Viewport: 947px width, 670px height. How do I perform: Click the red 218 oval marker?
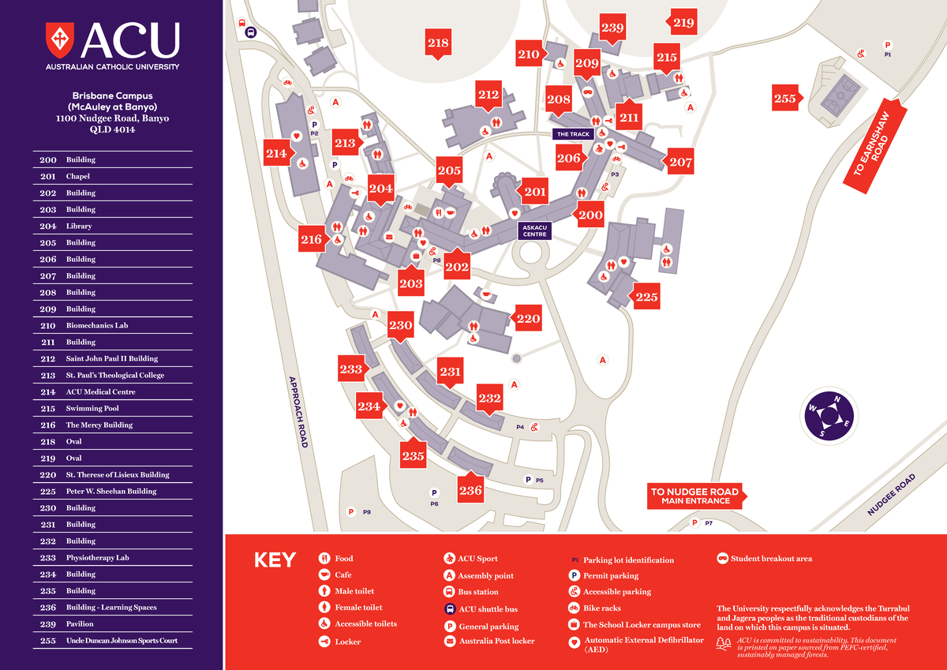click(x=438, y=44)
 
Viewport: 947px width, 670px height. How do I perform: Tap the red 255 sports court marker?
click(x=786, y=99)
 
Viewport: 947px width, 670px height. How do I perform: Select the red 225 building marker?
click(x=646, y=298)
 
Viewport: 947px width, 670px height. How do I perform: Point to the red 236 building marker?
click(x=470, y=490)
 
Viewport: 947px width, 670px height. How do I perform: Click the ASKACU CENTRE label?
click(x=534, y=230)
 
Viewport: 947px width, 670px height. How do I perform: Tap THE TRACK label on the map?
click(x=573, y=134)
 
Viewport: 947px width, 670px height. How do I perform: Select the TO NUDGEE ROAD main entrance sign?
click(x=694, y=496)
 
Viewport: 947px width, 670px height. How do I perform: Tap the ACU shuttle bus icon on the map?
click(x=251, y=32)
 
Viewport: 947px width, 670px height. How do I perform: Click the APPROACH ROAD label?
click(x=298, y=411)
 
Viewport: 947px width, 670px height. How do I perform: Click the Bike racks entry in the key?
click(x=601, y=608)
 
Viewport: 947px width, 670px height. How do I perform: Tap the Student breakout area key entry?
click(x=770, y=559)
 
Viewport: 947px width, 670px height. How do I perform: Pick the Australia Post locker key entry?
click(x=496, y=641)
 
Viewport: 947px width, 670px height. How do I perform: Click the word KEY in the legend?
click(x=275, y=560)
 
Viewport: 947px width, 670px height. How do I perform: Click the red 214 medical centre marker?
click(x=277, y=154)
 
